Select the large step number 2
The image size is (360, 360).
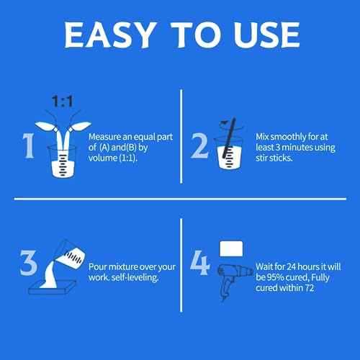coord(199,145)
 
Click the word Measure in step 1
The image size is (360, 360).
coord(106,135)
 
